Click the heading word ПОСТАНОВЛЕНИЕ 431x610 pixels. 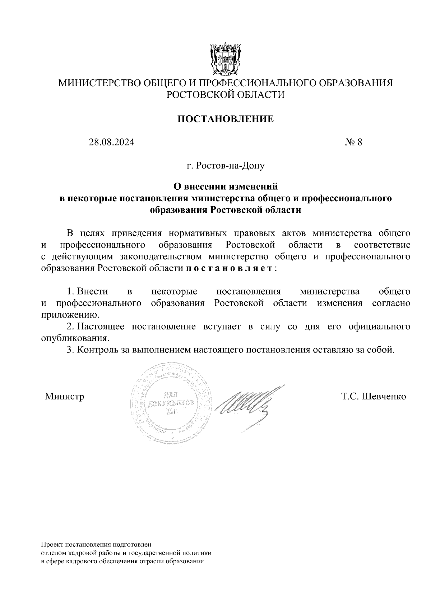(226, 119)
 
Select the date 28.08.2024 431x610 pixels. (112, 142)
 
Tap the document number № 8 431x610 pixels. (353, 142)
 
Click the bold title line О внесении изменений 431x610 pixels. (226, 186)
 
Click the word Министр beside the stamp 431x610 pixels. (65, 396)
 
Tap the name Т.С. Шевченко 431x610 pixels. (374, 396)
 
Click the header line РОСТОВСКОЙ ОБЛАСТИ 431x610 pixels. (226, 95)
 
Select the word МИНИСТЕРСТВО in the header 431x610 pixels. (100, 83)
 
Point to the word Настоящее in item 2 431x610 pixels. (101, 327)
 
